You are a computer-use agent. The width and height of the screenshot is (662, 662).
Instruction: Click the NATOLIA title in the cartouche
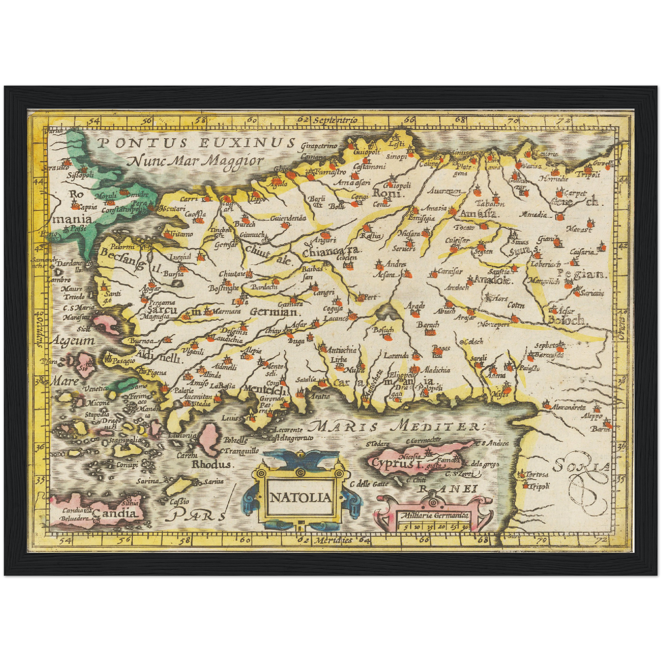(x=300, y=498)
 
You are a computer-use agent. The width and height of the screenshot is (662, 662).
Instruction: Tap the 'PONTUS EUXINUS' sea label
(x=196, y=142)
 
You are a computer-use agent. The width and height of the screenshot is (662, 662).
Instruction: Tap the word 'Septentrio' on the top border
(x=335, y=120)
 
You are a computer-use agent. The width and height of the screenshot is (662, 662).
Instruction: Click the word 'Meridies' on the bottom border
(x=333, y=540)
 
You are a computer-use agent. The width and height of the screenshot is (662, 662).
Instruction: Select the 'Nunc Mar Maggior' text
(x=196, y=161)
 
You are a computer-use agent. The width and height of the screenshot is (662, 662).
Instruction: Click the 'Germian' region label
(x=274, y=312)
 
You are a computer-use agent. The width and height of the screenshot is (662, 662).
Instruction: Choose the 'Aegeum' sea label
(x=73, y=341)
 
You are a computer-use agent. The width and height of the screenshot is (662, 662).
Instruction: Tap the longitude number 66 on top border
(x=409, y=120)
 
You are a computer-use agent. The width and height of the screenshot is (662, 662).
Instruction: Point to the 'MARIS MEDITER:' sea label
(x=394, y=427)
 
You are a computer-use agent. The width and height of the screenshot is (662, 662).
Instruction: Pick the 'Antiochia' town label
(x=342, y=350)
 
